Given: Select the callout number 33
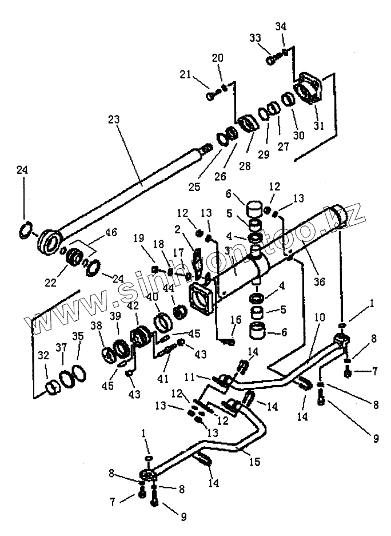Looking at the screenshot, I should click(255, 38).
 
